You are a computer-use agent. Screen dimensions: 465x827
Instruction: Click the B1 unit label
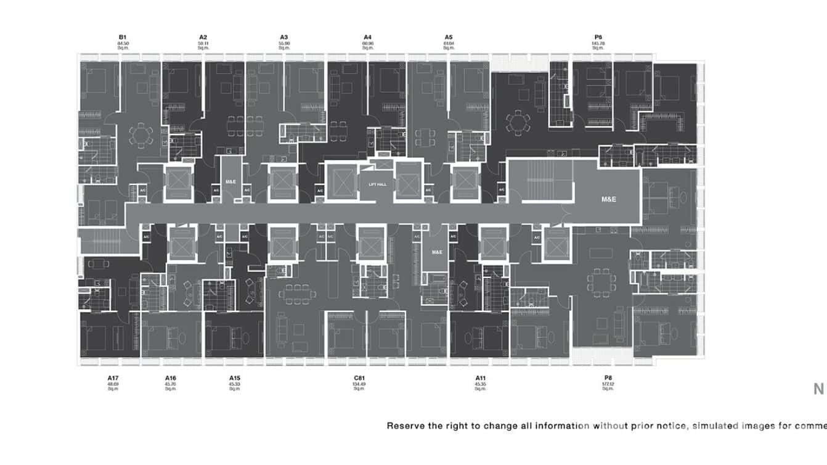122,38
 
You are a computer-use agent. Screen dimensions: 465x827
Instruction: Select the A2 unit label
203,38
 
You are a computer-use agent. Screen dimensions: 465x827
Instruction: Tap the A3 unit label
283,38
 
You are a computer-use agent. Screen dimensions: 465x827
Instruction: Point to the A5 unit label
448,38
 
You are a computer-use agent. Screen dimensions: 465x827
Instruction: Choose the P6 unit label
598,38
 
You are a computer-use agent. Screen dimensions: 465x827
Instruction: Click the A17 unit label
113,377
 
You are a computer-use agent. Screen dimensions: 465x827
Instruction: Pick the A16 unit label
171,377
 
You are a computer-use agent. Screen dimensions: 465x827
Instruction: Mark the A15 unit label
234,377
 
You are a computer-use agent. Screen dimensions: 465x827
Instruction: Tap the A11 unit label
480,377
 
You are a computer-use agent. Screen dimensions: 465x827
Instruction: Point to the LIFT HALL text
377,184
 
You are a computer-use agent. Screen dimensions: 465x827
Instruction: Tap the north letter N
818,389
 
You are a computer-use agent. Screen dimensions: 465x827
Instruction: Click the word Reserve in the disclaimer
405,426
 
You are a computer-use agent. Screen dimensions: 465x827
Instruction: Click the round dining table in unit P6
516,121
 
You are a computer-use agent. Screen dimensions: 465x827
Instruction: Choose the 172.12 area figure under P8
608,384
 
